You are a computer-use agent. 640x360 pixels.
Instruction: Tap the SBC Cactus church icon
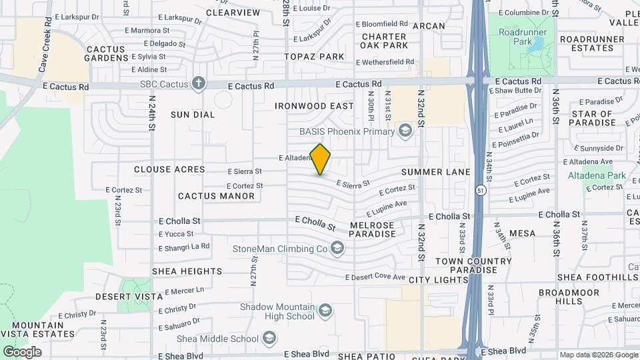point(198,84)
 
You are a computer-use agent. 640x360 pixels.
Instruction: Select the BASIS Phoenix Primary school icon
point(404,130)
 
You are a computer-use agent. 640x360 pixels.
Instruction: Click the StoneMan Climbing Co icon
point(338,249)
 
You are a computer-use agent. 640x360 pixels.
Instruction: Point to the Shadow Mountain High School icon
point(325,310)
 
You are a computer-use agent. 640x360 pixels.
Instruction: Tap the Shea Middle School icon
point(269,339)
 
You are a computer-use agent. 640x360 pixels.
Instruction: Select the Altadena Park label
point(597,175)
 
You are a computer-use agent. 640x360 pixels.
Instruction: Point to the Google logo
point(22,352)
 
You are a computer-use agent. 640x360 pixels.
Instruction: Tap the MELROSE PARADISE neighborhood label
point(372,230)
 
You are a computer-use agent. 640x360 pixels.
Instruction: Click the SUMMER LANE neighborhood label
point(445,172)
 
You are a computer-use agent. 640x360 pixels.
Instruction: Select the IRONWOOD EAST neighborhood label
point(314,106)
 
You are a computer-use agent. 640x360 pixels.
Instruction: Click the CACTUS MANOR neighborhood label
point(216,196)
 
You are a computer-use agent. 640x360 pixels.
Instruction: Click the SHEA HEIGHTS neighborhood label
point(187,271)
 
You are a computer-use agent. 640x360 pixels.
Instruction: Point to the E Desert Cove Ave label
point(375,277)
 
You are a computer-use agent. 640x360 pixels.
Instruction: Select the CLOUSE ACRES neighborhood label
point(169,169)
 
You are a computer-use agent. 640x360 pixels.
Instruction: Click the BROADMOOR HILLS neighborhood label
point(560,297)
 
